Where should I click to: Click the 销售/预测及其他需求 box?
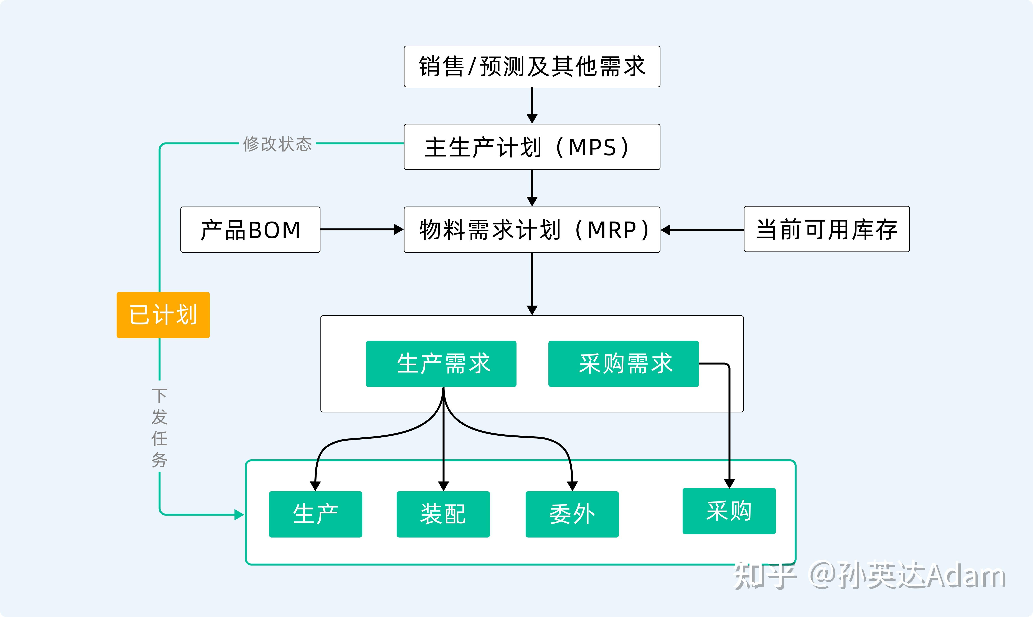pos(532,66)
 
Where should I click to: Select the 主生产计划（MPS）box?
pos(532,147)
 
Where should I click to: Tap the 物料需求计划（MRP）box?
pos(532,230)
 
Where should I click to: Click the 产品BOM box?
pos(250,230)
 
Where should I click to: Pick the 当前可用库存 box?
pos(827,229)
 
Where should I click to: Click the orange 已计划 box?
pos(163,315)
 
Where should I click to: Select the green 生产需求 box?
pos(441,364)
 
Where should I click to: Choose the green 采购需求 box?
pos(623,364)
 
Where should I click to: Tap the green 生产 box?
pos(315,514)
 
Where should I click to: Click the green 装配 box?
pos(443,514)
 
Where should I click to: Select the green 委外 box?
pos(572,514)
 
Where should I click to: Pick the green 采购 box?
pos(729,511)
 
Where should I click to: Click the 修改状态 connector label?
pos(277,144)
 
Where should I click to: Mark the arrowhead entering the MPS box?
pos(532,119)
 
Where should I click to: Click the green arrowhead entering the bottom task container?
pos(239,515)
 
